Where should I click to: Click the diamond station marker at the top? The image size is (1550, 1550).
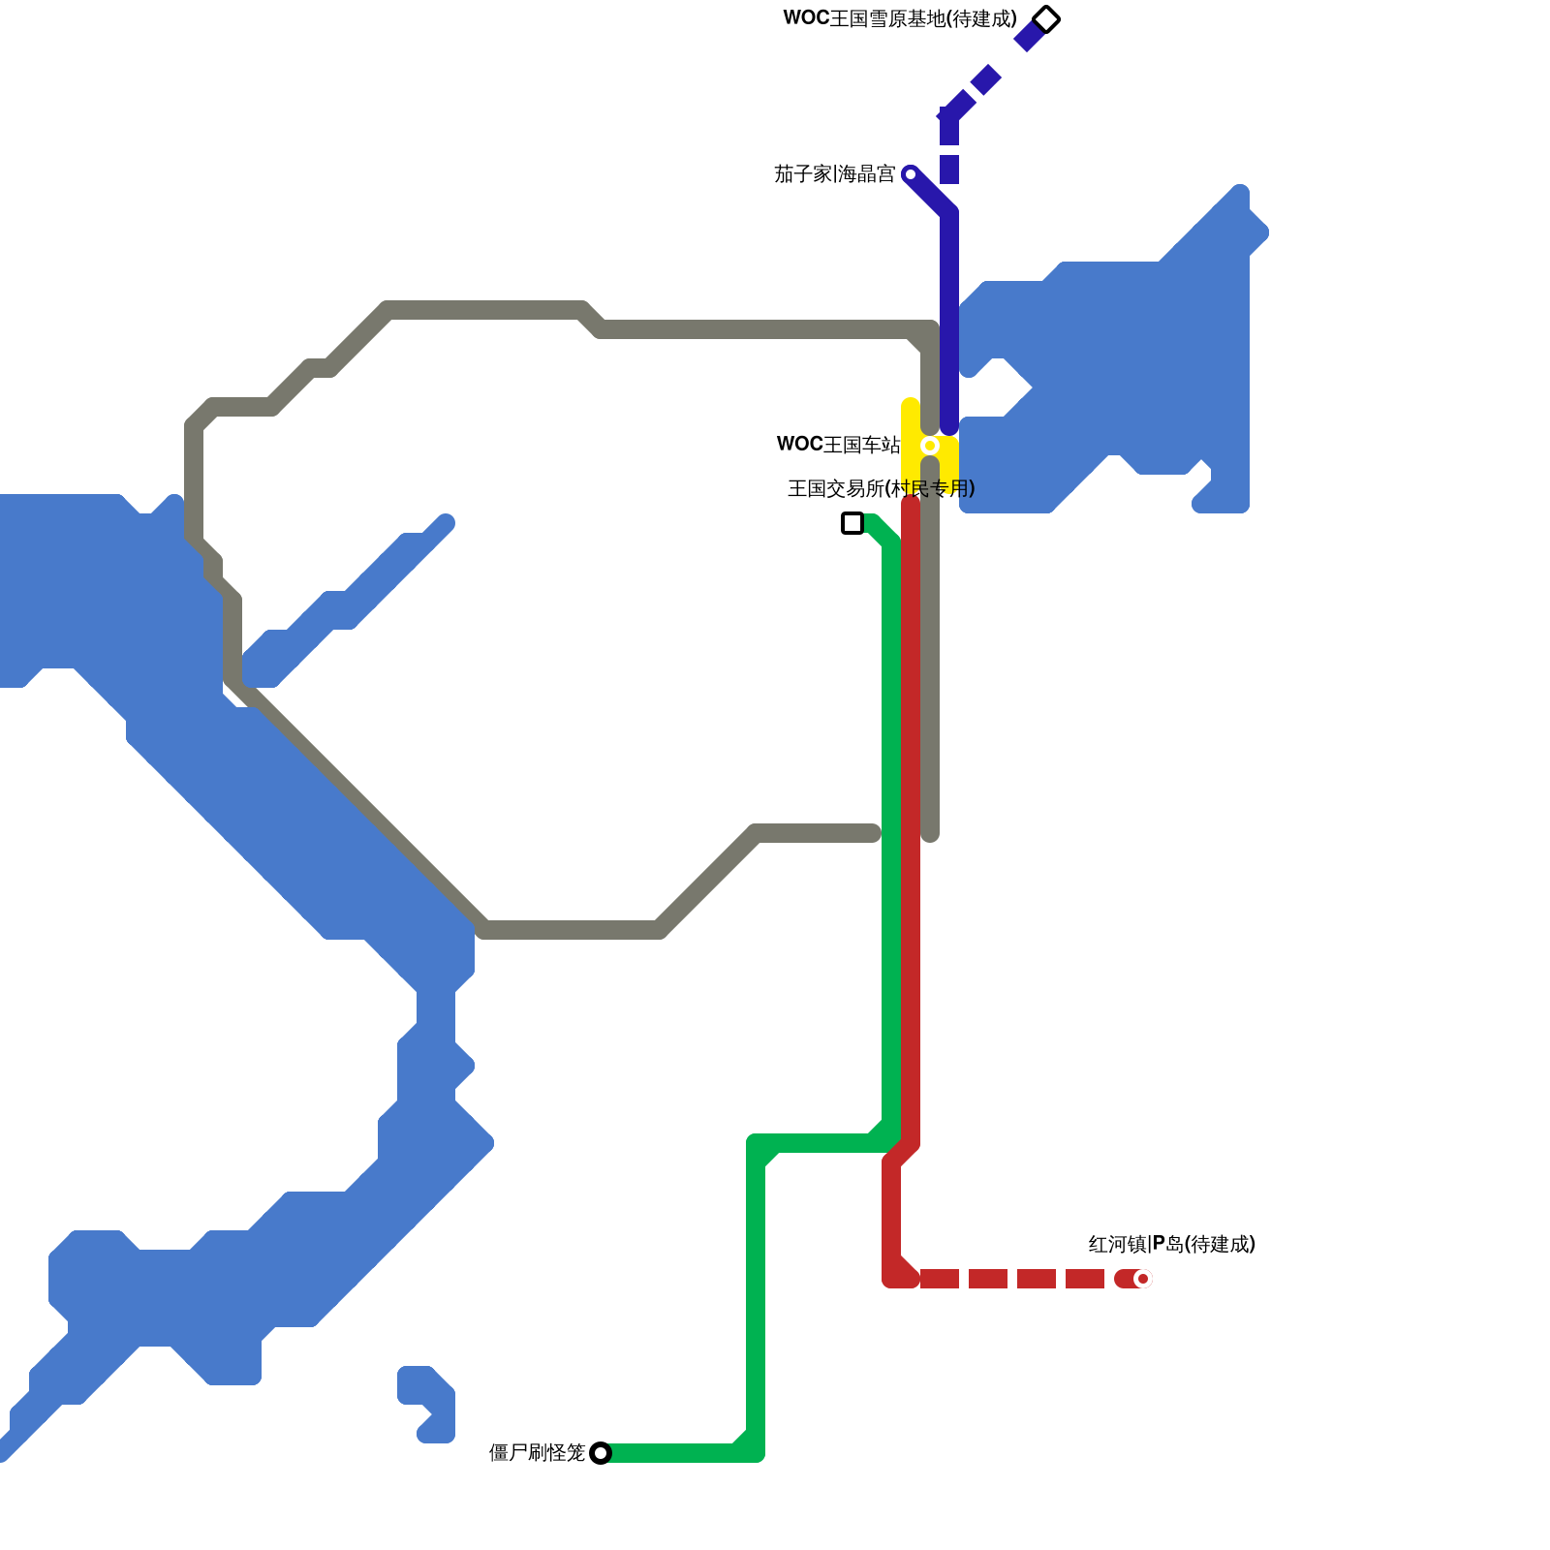click(x=1046, y=19)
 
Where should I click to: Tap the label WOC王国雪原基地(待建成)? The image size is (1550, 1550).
click(x=900, y=19)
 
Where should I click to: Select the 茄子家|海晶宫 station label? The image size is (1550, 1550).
click(x=834, y=174)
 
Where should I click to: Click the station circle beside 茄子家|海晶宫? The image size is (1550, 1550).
click(x=910, y=174)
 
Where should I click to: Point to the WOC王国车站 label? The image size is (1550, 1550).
click(x=838, y=445)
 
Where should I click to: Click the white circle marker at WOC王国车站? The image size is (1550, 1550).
click(x=930, y=446)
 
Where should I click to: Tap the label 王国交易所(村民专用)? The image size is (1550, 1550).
click(x=881, y=488)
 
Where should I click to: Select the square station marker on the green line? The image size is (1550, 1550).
click(x=852, y=523)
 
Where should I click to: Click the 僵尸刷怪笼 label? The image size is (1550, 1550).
click(x=537, y=1452)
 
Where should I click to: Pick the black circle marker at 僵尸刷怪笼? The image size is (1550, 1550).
click(x=601, y=1453)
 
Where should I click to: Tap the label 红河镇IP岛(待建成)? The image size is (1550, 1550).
click(x=1171, y=1244)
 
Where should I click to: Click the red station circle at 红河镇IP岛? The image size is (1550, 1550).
click(x=1143, y=1279)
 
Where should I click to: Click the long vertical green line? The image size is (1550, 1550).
click(x=891, y=823)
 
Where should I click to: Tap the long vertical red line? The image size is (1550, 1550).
click(x=911, y=823)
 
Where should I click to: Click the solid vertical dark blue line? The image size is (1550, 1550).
click(x=949, y=320)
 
